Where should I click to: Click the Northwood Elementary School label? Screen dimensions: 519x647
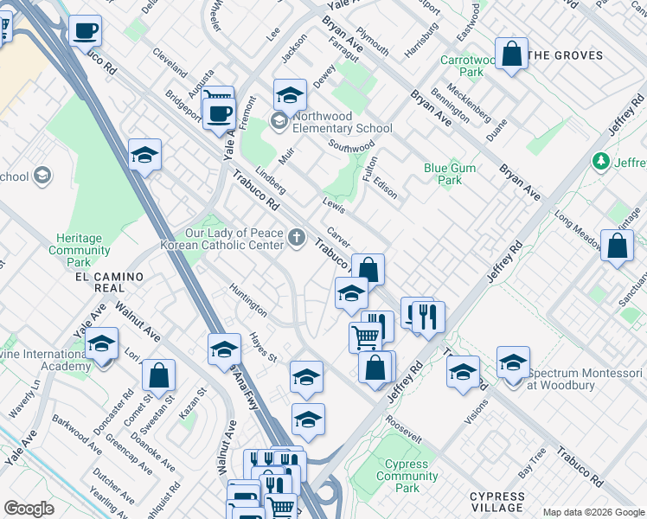coord(343,122)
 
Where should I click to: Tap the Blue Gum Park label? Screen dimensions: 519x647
coord(444,175)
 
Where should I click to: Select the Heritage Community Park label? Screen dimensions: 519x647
coord(79,250)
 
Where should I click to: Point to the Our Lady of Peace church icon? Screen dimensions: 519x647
coord(297,237)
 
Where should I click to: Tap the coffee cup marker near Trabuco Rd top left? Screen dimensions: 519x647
coord(85,32)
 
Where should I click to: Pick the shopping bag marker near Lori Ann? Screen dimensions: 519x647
coord(158,375)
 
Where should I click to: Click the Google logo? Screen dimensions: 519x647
coord(29,509)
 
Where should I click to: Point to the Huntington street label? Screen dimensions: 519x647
coord(248,298)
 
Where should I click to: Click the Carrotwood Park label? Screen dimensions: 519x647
coord(468,67)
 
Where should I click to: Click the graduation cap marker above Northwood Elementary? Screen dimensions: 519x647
coord(290,93)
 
